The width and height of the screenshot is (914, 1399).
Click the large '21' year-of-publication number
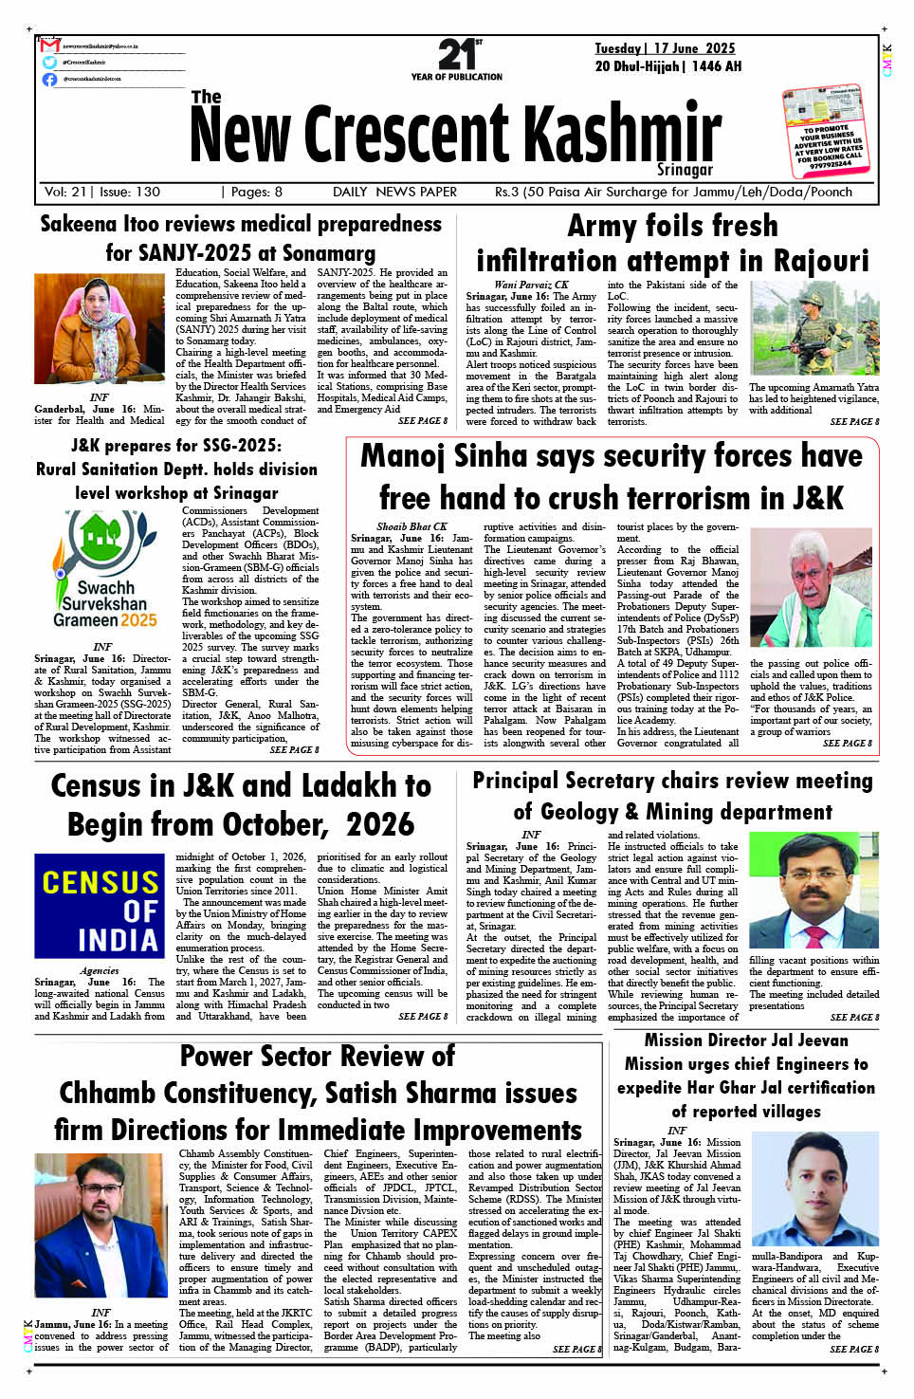coord(455,54)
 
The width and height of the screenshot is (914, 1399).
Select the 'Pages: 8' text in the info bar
coord(256,192)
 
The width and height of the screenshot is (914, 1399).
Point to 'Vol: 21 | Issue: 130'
coord(102,192)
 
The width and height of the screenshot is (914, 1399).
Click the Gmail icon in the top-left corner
coord(50,46)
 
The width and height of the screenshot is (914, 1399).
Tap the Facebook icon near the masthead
coord(50,79)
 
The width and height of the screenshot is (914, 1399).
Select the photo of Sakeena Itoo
coord(100,329)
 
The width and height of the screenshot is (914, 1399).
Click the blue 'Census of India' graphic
coord(100,906)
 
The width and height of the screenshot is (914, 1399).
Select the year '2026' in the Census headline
coord(379,825)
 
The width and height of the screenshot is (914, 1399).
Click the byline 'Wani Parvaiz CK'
coord(531,285)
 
